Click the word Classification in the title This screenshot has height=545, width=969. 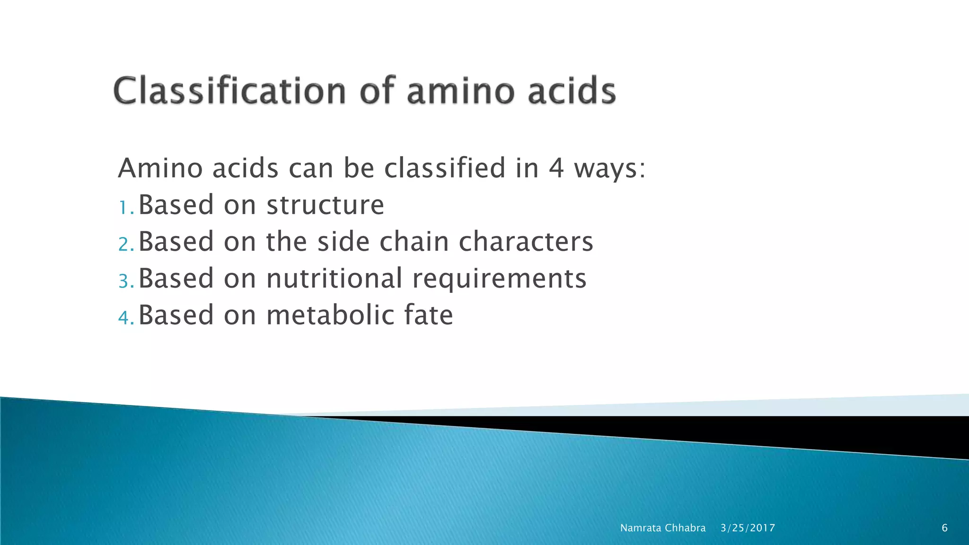(x=229, y=91)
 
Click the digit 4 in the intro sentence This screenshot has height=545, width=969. (x=556, y=168)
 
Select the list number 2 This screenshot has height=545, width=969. (x=124, y=244)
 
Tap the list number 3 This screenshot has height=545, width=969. (x=124, y=281)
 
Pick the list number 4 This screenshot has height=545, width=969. (x=124, y=317)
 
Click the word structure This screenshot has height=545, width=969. (x=325, y=205)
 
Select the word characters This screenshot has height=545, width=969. (x=526, y=242)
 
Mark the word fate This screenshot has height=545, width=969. (x=428, y=315)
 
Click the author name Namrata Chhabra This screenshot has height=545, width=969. (x=662, y=528)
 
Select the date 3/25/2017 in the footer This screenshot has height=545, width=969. (x=748, y=528)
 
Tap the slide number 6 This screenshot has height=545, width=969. (x=944, y=528)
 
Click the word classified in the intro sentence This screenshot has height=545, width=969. (x=445, y=168)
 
